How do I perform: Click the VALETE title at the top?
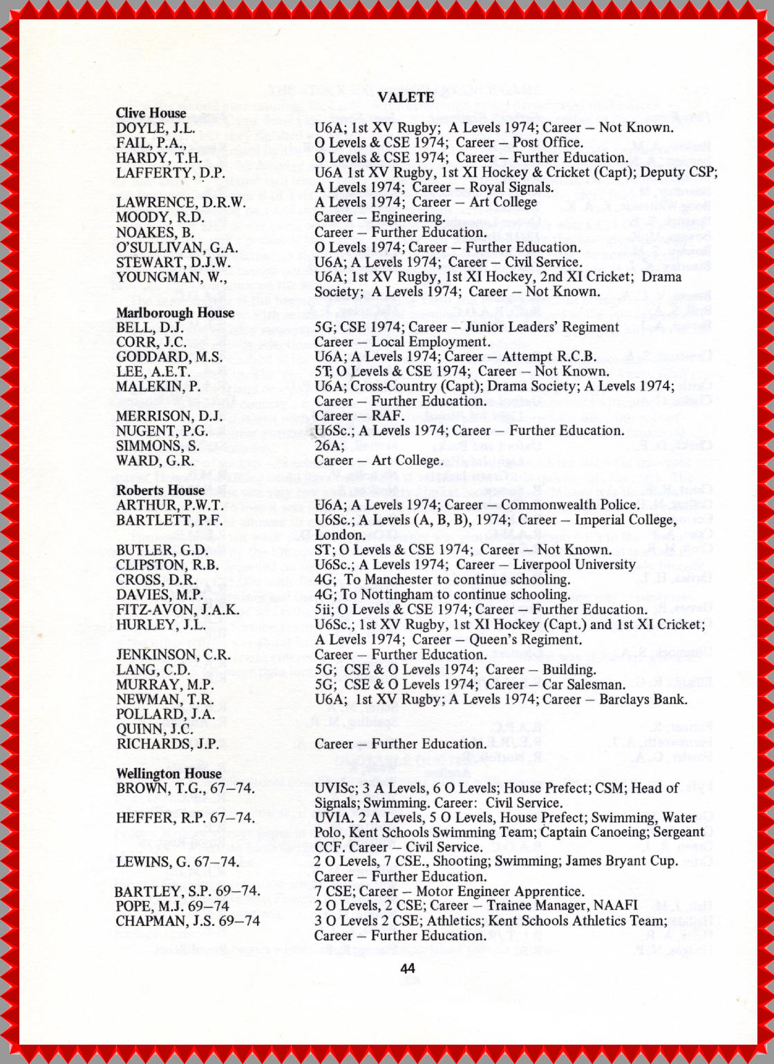[x=406, y=97]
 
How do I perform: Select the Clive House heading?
[x=151, y=113]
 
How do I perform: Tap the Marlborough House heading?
[x=175, y=313]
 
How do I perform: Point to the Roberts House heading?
[x=160, y=490]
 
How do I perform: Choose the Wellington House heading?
[x=169, y=773]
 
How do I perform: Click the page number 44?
[x=408, y=968]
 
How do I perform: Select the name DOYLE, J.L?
[x=155, y=128]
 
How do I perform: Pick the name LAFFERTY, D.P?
[x=170, y=173]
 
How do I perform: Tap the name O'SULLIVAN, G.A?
[x=177, y=247]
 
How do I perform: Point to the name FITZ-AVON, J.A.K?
[x=178, y=610]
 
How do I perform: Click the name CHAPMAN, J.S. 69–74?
[x=187, y=921]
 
